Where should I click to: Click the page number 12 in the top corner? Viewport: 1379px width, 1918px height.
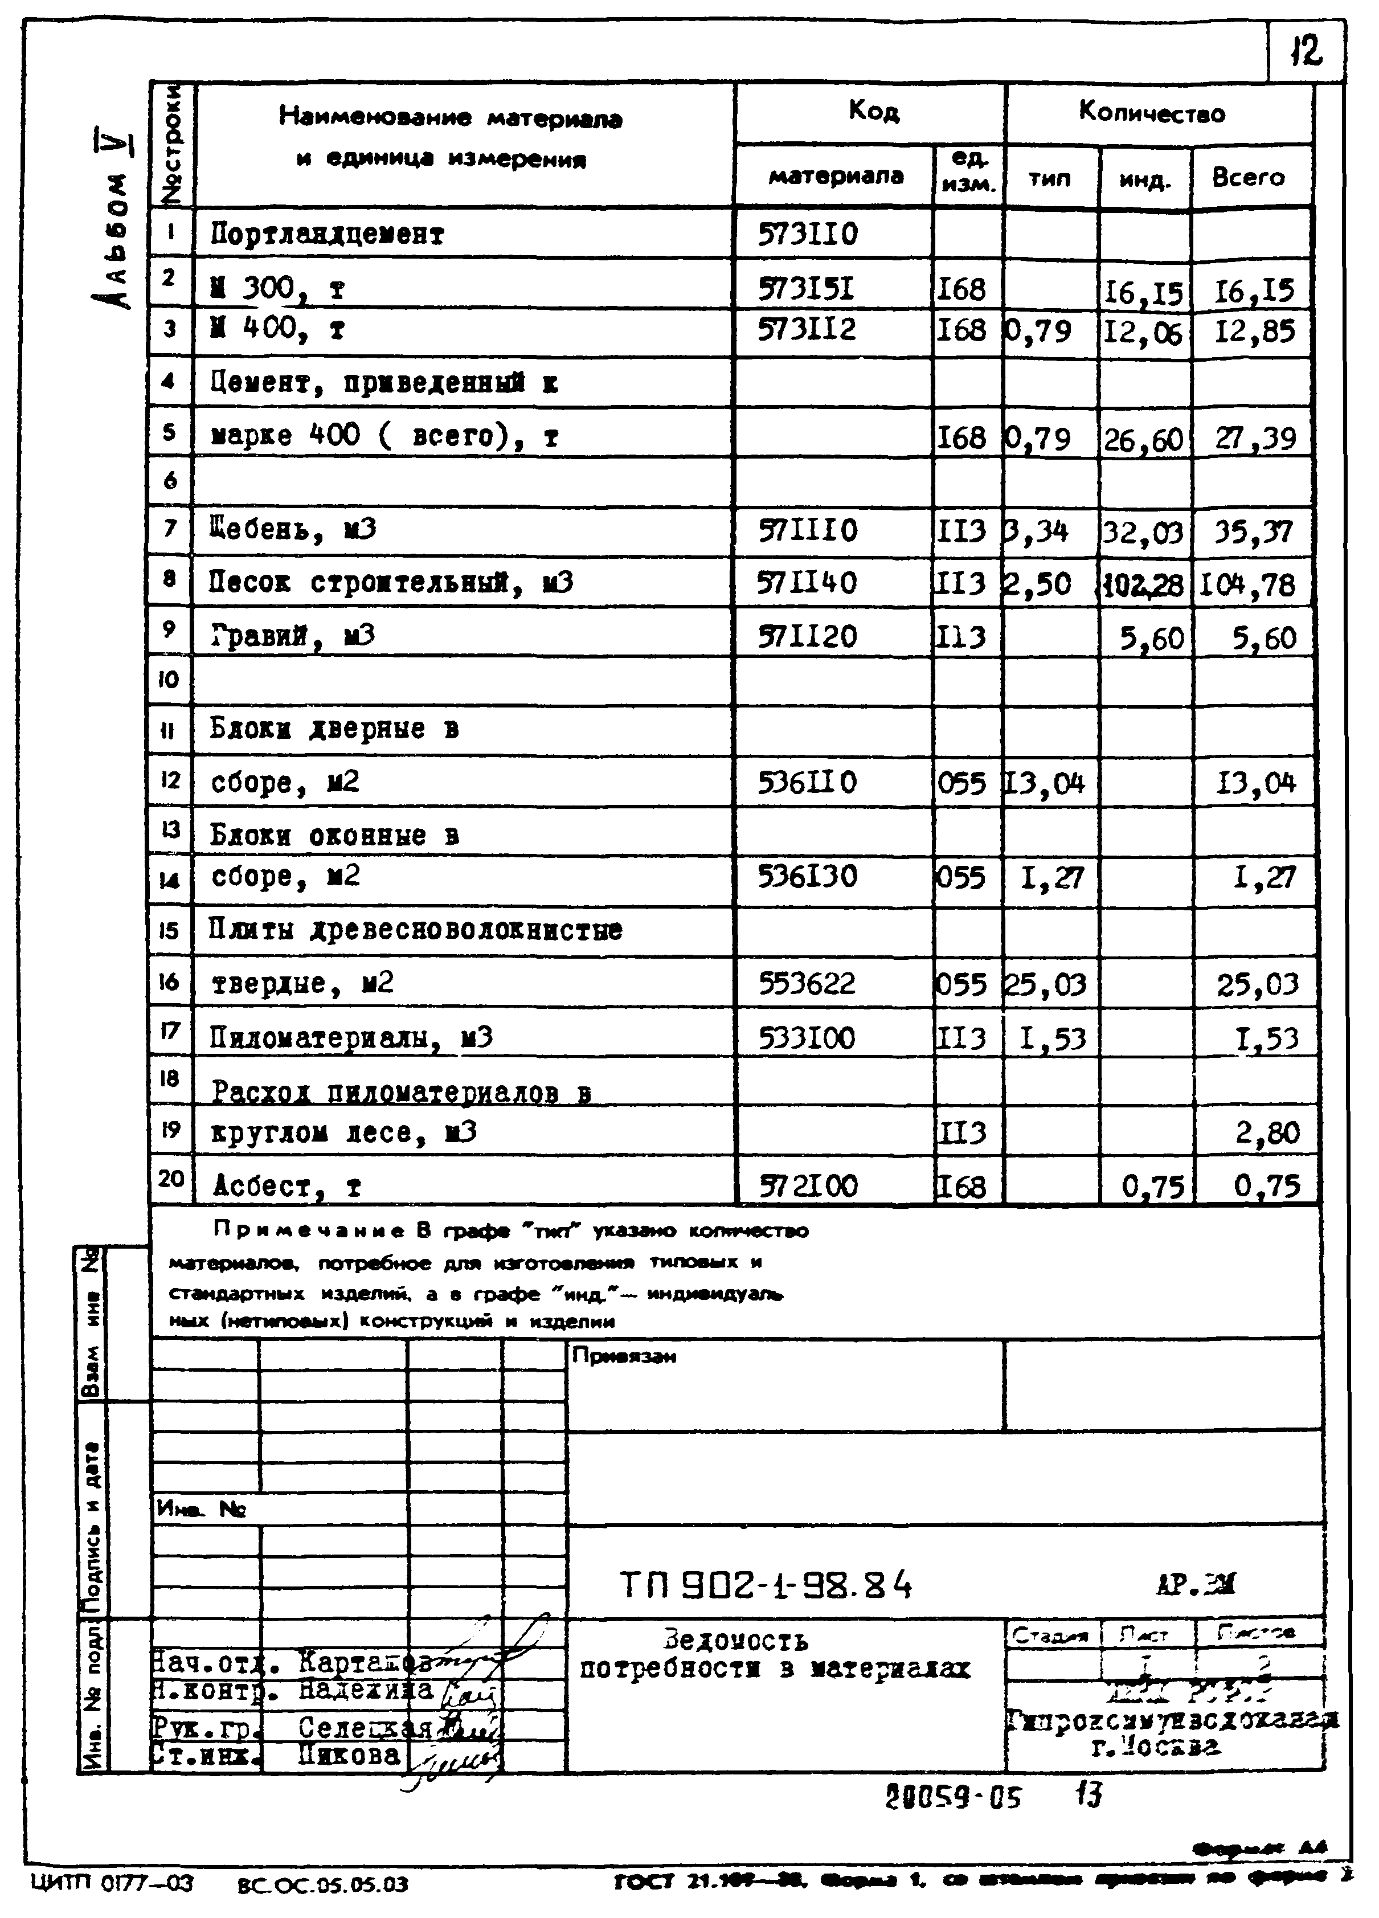[x=1306, y=52]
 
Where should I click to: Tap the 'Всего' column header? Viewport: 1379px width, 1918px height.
[x=1248, y=178]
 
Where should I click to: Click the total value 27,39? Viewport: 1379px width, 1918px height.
[x=1255, y=438]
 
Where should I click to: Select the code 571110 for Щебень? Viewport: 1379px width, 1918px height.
[x=808, y=530]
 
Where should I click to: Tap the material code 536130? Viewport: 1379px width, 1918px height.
[x=808, y=876]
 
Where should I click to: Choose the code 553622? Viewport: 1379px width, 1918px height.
[x=808, y=983]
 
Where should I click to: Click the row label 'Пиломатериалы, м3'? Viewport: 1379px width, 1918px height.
[x=351, y=1038]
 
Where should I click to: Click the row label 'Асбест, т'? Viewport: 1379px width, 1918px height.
[x=288, y=1185]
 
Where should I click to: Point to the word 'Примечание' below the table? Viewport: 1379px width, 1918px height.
[x=310, y=1230]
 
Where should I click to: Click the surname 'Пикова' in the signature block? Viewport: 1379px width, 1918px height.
[x=349, y=1755]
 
